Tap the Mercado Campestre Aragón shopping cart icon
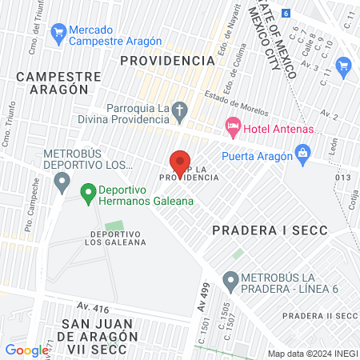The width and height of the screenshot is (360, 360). coord(58,33)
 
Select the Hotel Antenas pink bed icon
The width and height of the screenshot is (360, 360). coord(233,126)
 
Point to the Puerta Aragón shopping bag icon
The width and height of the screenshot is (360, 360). coord(302,152)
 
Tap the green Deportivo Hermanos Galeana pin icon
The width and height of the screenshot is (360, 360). coord(87,194)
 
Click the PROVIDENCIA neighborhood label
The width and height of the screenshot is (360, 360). coord(167,60)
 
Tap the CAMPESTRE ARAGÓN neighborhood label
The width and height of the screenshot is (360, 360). coord(58,83)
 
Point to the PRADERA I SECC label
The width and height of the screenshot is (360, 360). coord(261,230)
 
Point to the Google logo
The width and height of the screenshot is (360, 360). coord(26,350)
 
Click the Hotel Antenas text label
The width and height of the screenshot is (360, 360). coord(272,130)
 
